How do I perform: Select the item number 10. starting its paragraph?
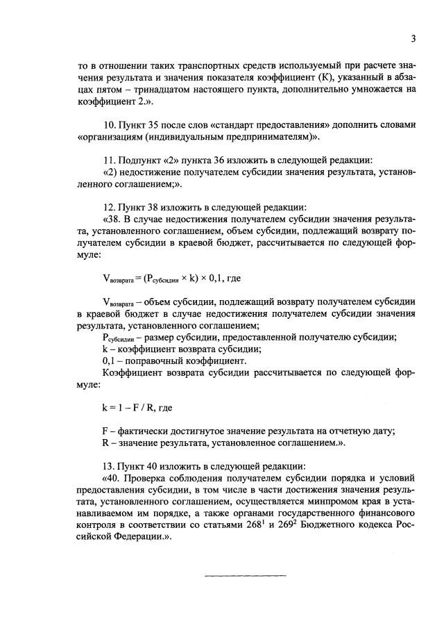tap(109, 125)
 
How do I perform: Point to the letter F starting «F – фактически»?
tap(104, 431)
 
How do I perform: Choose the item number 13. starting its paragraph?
tap(109, 466)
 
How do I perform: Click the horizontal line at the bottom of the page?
tap(244, 575)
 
